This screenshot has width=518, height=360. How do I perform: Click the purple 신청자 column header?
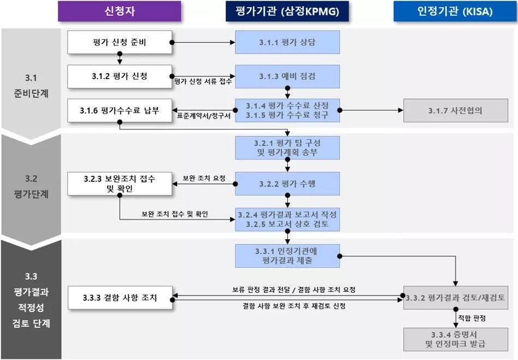119,11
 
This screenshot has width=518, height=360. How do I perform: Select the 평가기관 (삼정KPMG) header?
287,11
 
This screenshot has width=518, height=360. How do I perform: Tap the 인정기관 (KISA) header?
455,11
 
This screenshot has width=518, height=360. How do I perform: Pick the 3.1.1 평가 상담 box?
287,42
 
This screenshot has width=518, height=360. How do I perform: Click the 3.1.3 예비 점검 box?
287,76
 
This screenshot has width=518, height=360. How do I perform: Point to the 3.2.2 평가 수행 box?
287,184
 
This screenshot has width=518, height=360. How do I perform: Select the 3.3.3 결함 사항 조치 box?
120,298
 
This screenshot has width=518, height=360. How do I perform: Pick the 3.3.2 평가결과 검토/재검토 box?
455,298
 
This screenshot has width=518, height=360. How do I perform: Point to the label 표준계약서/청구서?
204,116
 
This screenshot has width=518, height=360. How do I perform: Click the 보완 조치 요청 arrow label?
204,178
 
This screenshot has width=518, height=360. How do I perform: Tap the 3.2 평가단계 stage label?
31,186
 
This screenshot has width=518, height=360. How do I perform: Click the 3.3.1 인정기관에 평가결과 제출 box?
287,256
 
